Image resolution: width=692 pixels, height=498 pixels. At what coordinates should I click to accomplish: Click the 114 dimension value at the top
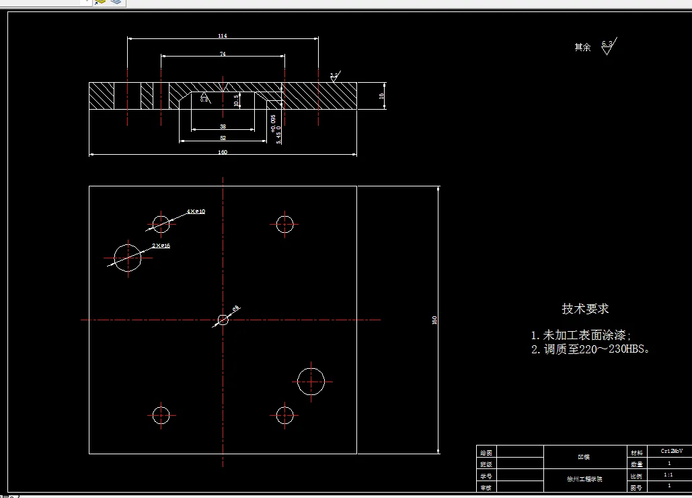coord(223,36)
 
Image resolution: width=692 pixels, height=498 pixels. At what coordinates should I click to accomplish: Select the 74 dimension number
coord(223,54)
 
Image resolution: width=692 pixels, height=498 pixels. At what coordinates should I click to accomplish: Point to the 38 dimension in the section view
coord(223,127)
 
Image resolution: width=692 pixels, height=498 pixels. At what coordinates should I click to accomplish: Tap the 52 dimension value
coord(223,138)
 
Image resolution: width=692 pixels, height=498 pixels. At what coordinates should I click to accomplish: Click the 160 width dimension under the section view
coord(223,152)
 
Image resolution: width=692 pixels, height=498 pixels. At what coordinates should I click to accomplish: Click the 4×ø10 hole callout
coord(196,211)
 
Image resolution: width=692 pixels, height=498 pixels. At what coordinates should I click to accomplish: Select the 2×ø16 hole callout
coord(161,246)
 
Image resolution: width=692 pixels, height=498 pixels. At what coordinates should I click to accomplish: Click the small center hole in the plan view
coord(223,320)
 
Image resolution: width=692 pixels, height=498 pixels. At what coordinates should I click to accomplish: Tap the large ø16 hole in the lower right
coord(311,382)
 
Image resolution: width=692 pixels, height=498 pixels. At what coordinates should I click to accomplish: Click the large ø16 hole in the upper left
coord(127,257)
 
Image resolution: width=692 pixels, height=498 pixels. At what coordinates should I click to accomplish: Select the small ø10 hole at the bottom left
coord(161,415)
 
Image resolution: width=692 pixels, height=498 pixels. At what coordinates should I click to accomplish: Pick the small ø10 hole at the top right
coord(284,223)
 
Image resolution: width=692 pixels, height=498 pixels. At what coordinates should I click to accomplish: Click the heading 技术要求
coord(585,309)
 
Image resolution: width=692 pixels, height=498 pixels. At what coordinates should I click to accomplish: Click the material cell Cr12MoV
coord(671,452)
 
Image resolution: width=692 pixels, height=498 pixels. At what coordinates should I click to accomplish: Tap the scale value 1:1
coord(668,474)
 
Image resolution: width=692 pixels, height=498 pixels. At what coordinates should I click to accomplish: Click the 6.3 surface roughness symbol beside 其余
coord(608,46)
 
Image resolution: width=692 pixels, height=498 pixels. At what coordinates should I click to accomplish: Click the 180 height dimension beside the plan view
coord(434,320)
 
